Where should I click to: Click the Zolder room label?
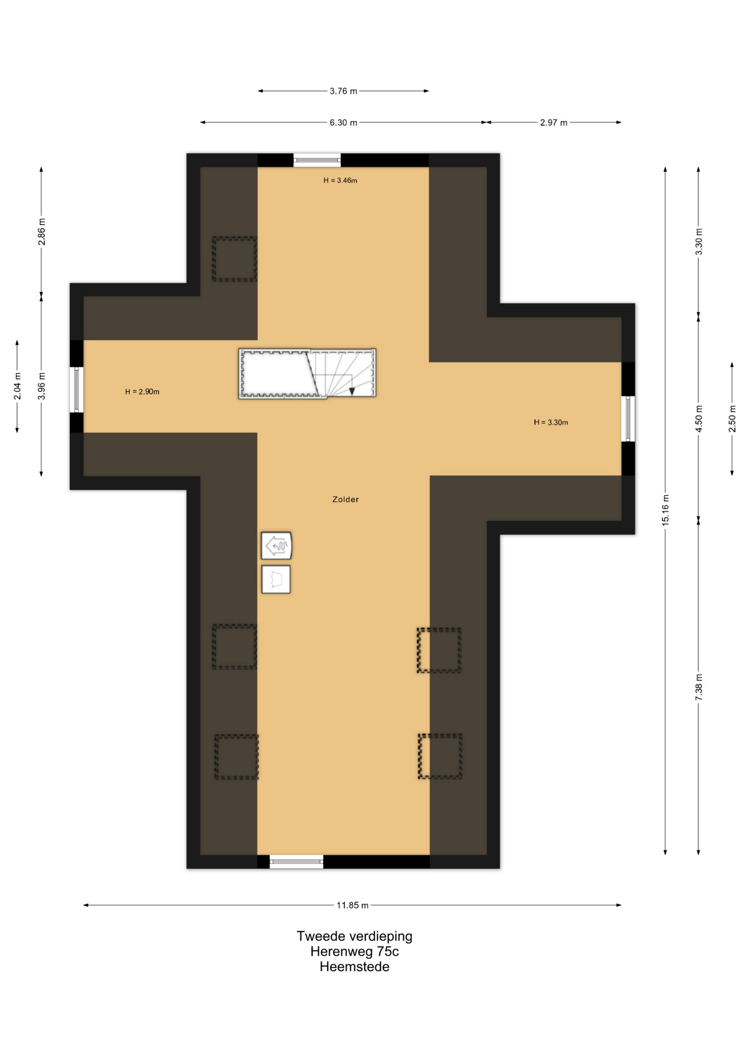pyautogui.click(x=345, y=499)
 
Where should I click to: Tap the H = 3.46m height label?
pyautogui.click(x=340, y=180)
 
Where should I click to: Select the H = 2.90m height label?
pyautogui.click(x=142, y=392)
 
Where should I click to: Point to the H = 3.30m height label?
pyautogui.click(x=551, y=422)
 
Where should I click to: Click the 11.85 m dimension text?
pyautogui.click(x=352, y=905)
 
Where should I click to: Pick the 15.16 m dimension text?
pyautogui.click(x=665, y=510)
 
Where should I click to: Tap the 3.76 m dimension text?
pyautogui.click(x=344, y=91)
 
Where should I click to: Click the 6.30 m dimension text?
pyautogui.click(x=344, y=122)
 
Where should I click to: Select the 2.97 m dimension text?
pyautogui.click(x=554, y=122)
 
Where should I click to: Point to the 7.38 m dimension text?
pyautogui.click(x=699, y=687)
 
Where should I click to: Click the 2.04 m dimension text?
pyautogui.click(x=18, y=386)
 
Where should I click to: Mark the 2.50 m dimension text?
pyautogui.click(x=732, y=419)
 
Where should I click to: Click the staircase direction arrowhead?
pyautogui.click(x=352, y=392)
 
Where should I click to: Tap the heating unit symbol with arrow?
pyautogui.click(x=276, y=546)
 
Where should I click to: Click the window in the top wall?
pyautogui.click(x=317, y=160)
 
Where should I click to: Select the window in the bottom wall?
pyautogui.click(x=296, y=862)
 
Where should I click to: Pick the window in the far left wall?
pyautogui.click(x=77, y=389)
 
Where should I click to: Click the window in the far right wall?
pyautogui.click(x=628, y=419)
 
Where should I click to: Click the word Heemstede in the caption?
pyautogui.click(x=355, y=966)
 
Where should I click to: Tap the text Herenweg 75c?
pyautogui.click(x=355, y=951)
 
